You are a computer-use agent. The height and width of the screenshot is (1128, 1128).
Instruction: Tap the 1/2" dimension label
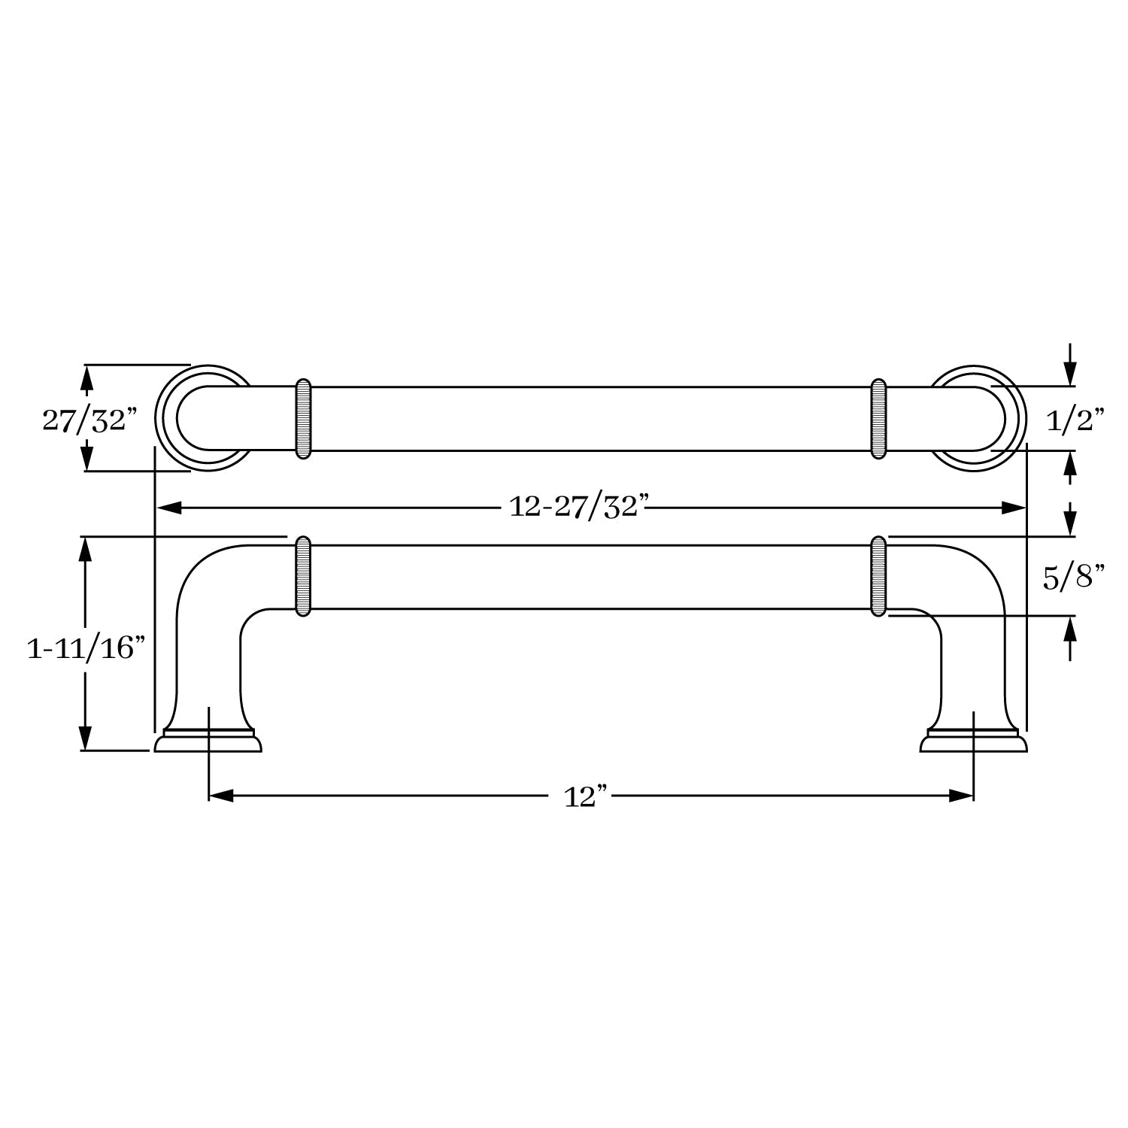click(x=1075, y=420)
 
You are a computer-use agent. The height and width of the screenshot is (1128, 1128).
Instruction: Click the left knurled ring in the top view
click(x=303, y=419)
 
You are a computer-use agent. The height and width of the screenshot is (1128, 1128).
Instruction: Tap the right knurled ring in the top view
click(x=878, y=419)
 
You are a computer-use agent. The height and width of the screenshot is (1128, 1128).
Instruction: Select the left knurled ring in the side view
click(x=303, y=577)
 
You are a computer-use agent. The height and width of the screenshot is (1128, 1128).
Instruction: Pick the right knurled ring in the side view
click(x=878, y=577)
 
